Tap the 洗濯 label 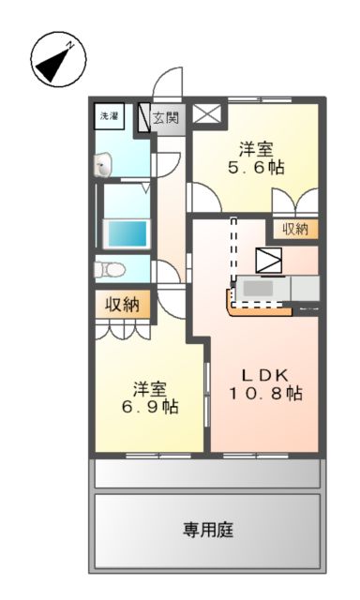[x=110, y=115]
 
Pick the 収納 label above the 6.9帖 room [x=121, y=304]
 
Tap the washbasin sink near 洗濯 [x=104, y=166]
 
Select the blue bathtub [x=127, y=232]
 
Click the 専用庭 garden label [x=208, y=530]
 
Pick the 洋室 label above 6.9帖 [x=149, y=387]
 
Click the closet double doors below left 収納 [x=122, y=330]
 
